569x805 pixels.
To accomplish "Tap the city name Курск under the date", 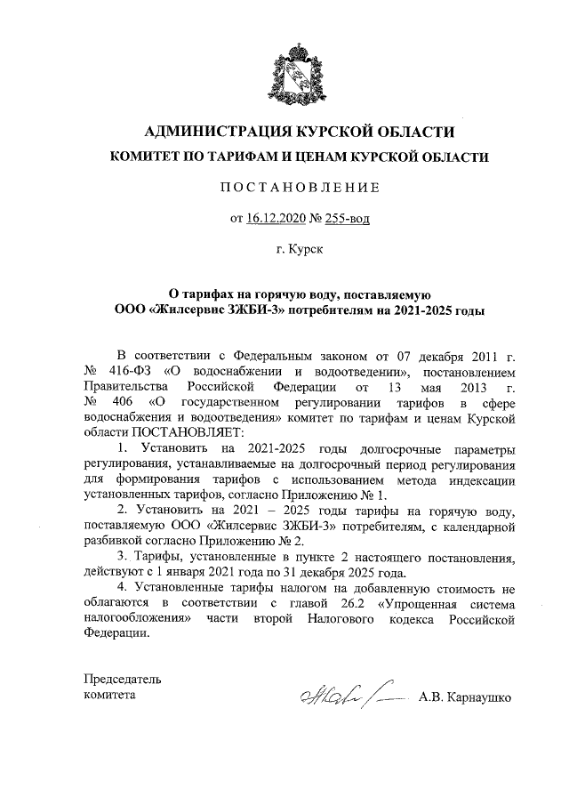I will coord(301,250).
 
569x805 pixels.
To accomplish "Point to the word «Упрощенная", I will coord(421,601).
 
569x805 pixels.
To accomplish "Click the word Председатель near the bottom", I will coord(123,678).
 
